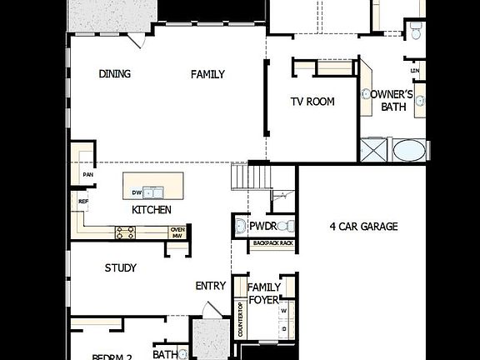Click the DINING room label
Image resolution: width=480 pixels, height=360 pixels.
(115, 74)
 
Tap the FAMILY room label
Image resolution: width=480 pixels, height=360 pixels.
(207, 74)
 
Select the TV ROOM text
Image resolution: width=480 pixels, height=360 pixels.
(312, 102)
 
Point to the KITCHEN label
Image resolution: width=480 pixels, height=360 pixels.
(152, 210)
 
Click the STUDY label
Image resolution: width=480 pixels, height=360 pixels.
(121, 268)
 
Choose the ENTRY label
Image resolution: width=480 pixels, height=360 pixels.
(211, 286)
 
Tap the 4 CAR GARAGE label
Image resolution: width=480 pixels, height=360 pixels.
(363, 226)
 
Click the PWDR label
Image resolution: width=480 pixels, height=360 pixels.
(266, 226)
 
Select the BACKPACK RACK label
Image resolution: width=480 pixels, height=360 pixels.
(273, 243)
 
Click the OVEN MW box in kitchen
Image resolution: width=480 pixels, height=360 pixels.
(177, 233)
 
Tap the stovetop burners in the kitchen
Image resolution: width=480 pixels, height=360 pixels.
(126, 233)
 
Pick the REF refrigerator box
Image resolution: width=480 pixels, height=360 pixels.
(83, 201)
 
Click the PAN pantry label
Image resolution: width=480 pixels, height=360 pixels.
(87, 175)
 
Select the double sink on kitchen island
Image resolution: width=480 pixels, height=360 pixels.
(152, 192)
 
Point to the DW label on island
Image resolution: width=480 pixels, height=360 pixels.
(137, 192)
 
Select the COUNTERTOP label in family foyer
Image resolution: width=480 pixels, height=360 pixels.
(240, 319)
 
